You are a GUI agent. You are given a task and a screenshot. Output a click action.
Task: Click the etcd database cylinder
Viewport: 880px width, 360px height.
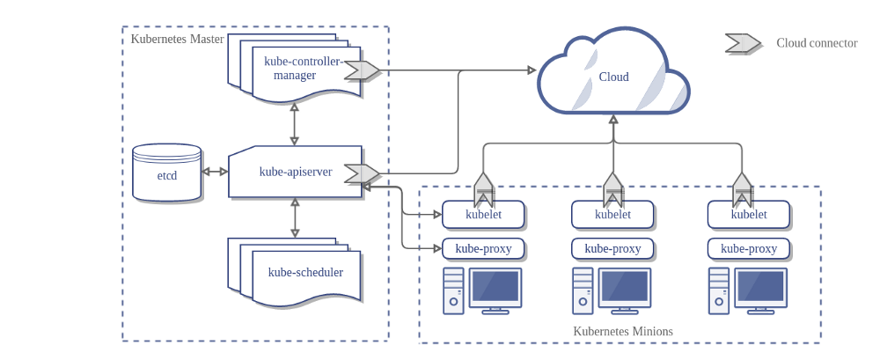tap(167, 173)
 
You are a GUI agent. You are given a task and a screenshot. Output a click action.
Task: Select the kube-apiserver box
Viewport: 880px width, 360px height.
tap(295, 172)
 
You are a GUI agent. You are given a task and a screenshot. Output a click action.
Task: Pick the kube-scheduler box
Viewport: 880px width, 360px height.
tap(304, 273)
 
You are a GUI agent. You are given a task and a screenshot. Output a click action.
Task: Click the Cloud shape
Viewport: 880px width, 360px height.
tap(613, 77)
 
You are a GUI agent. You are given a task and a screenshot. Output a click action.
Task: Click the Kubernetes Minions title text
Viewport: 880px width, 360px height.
tap(623, 332)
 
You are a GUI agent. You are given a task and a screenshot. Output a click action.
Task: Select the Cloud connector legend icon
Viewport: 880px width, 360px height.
tap(742, 43)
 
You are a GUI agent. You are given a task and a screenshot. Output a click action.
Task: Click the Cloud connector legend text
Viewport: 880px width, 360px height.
tap(817, 43)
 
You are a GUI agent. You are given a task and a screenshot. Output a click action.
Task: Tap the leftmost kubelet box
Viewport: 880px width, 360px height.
tap(483, 214)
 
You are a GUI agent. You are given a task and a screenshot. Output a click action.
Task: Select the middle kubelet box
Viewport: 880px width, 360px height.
tap(612, 214)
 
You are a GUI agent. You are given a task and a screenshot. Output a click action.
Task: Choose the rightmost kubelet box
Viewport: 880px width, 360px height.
tap(748, 214)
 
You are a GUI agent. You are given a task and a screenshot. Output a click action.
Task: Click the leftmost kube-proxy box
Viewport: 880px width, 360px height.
tap(483, 248)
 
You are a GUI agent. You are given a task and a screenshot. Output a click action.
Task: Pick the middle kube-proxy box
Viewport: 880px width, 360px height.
tap(612, 248)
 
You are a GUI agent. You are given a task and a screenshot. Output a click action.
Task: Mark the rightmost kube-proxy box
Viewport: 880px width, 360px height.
tap(748, 248)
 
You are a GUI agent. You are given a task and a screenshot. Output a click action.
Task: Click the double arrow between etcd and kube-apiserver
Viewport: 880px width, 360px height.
tap(215, 172)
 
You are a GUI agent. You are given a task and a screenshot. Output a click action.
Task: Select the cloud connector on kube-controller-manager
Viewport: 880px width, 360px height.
tap(362, 70)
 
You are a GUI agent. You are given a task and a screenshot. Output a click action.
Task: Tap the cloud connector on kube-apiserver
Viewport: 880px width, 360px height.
tap(362, 173)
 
